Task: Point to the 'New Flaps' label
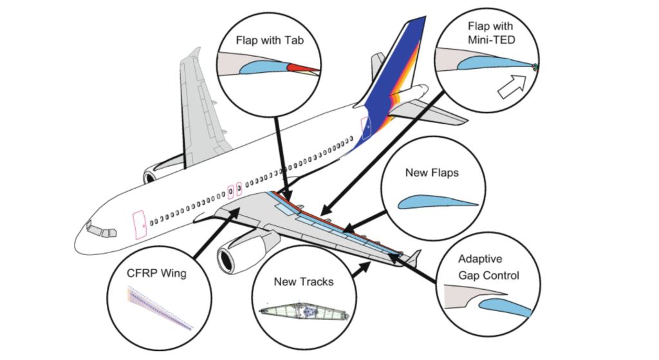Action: coord(432,173)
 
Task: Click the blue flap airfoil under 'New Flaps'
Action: coord(437,203)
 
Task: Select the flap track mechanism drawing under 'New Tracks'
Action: coord(304,312)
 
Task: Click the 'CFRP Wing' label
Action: coord(156,273)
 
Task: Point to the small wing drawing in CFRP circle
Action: coord(159,308)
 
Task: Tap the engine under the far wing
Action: coord(153,175)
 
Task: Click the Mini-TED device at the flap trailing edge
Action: coord(535,67)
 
